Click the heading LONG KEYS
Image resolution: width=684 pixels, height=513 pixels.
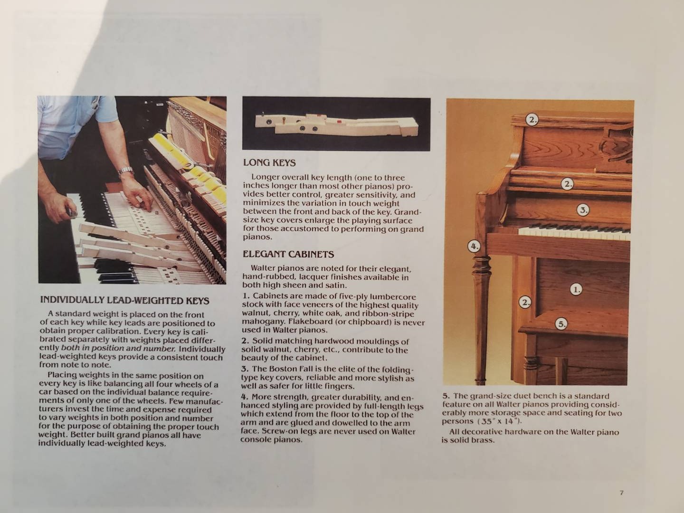pyautogui.click(x=269, y=162)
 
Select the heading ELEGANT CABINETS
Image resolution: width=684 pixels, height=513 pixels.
pyautogui.click(x=288, y=254)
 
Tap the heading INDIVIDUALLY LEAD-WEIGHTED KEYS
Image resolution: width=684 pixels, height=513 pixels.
pyautogui.click(x=124, y=300)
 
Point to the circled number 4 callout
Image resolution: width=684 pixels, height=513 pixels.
pyautogui.click(x=474, y=247)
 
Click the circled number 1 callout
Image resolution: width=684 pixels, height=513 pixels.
pyautogui.click(x=576, y=290)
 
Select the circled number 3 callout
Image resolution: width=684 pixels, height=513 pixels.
pyautogui.click(x=583, y=210)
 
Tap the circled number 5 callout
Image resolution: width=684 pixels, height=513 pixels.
pyautogui.click(x=561, y=324)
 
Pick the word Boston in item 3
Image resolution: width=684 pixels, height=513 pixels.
pyautogui.click(x=283, y=369)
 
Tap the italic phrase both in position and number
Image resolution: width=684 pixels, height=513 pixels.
pyautogui.click(x=118, y=348)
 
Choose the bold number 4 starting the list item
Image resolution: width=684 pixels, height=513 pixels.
pyautogui.click(x=244, y=397)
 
